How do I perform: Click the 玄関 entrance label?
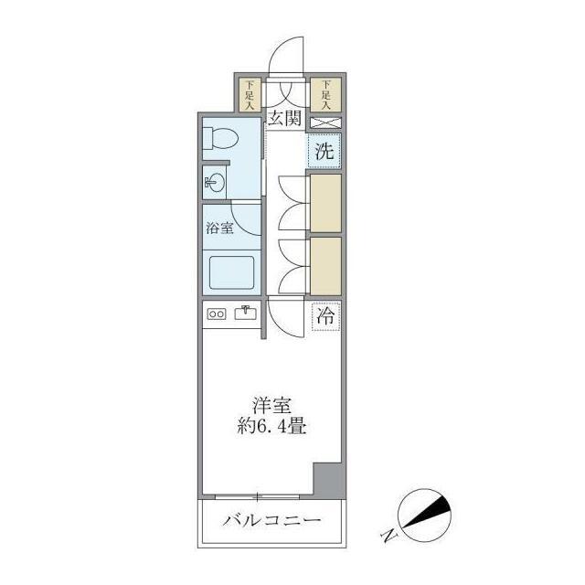pos(285,118)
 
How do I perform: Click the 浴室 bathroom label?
pos(219,229)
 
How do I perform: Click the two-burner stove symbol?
pos(218,314)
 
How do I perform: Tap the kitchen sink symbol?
pos(246,314)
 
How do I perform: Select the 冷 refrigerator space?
pos(325,317)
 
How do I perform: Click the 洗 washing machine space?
pos(324,152)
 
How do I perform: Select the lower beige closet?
pos(324,264)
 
